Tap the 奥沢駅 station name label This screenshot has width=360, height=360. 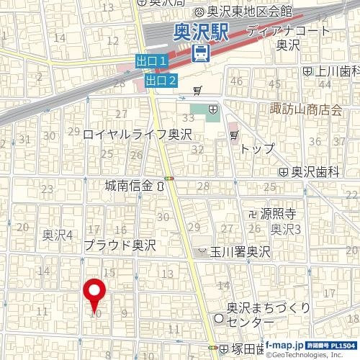[x=201, y=32]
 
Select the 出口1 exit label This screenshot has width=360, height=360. [x=152, y=63]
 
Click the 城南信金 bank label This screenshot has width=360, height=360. [x=129, y=186]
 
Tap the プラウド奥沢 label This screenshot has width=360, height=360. [x=120, y=246]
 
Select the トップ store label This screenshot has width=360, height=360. [x=257, y=148]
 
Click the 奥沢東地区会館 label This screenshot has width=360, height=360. [x=249, y=11]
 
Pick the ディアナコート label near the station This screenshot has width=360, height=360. [x=288, y=31]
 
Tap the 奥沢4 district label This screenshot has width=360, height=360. [x=58, y=235]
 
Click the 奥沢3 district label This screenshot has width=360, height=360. [x=285, y=230]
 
